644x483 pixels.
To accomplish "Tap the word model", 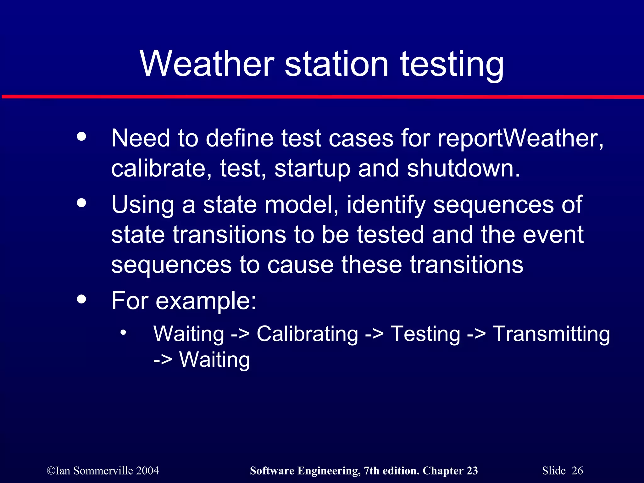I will pos(302,204).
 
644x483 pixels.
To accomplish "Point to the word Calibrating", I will pos(307,334).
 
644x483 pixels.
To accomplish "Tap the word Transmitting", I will pos(551,334).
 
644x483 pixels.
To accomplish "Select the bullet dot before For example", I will pos(81,299).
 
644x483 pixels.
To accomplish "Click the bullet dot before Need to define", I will pos(81,136).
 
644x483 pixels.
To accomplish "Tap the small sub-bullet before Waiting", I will pos(123,332).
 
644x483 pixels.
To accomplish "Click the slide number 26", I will pos(577,471).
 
